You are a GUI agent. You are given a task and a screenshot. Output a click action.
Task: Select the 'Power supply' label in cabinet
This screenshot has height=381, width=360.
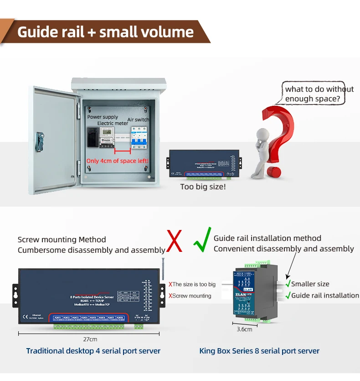coord(103,117)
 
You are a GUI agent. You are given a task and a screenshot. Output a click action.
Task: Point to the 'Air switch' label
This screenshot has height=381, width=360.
coord(138,120)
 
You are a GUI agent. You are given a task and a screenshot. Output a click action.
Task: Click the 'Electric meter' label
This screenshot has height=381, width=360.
coord(113,123)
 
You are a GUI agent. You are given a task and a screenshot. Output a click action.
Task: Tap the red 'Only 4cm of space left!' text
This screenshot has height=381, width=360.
coord(118,161)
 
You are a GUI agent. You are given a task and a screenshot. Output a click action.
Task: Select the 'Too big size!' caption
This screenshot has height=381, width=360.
coord(203,187)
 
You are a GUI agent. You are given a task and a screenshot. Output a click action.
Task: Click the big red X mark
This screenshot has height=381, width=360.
coord(175,242)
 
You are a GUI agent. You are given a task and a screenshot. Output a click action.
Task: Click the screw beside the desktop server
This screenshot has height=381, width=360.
coord(163,269)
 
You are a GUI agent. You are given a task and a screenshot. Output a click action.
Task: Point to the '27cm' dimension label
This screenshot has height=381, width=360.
coord(90,339)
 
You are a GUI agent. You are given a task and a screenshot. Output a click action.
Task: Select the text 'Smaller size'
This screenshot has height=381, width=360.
coord(310,284)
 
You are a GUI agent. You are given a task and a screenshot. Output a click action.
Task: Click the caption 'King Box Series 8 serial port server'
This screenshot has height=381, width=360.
coord(259,351)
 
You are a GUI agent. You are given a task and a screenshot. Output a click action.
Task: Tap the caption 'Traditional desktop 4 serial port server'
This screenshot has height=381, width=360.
coord(93,351)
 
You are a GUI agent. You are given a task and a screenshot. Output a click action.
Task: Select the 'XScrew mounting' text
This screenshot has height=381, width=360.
coord(190,296)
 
